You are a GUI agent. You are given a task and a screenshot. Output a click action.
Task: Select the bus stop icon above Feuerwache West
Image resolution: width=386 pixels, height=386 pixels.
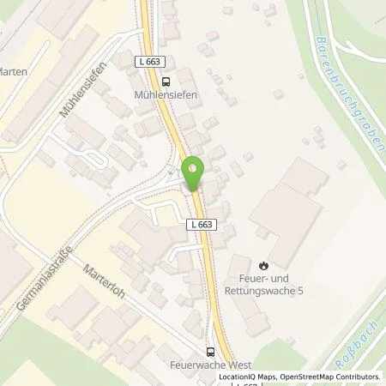point(210,350)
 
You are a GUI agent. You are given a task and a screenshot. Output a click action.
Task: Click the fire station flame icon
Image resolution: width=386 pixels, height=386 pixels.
point(262,264)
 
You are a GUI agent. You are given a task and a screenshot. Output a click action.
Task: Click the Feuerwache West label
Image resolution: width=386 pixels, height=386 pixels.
point(210,364)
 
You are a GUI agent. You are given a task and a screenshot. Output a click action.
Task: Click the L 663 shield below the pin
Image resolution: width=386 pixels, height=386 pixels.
point(199,224)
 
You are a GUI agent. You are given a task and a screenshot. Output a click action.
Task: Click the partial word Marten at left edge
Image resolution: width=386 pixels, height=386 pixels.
point(13,72)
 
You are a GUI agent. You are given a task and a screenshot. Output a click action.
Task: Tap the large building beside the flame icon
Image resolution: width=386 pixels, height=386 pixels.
point(287,214)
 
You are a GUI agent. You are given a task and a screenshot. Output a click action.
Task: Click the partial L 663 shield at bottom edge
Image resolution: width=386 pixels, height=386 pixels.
point(248,383)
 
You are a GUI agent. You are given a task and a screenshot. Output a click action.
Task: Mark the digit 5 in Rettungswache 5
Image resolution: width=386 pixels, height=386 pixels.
point(300,291)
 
